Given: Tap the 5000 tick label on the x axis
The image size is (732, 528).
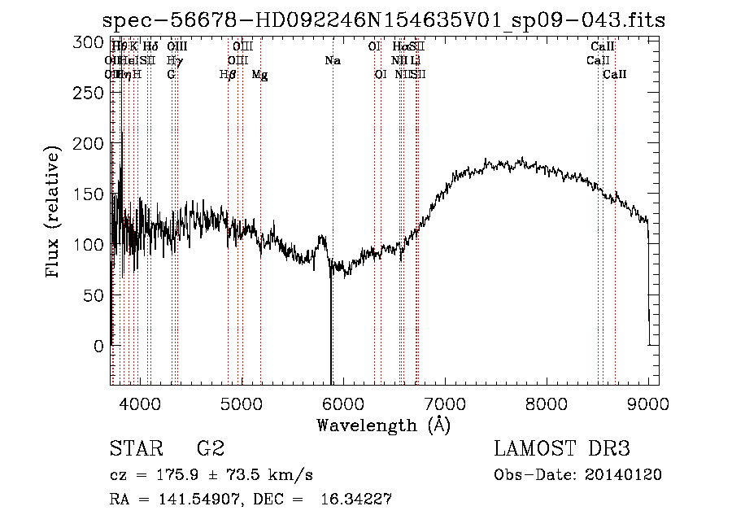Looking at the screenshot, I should click(242, 403).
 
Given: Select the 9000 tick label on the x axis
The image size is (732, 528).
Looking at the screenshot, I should click(647, 403).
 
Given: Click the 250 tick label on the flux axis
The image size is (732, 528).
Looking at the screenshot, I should click(90, 93).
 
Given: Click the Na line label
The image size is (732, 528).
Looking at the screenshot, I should click(332, 61).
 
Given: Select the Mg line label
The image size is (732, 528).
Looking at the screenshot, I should click(260, 75).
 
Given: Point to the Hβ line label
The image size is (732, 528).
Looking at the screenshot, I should click(228, 75).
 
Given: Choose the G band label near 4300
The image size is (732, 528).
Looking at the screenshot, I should click(171, 75).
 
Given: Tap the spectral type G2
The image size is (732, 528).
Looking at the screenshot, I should click(210, 449).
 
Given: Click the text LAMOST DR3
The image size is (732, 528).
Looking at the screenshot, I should click(562, 449).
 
